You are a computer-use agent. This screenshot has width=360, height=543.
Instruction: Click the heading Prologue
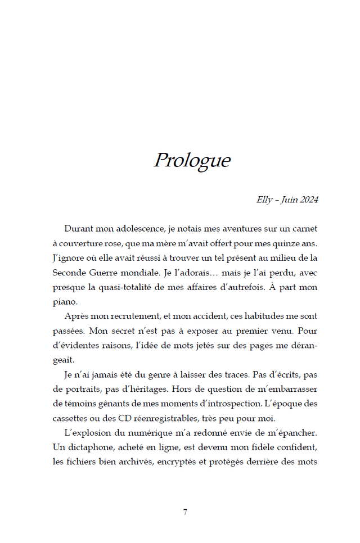pyautogui.click(x=192, y=161)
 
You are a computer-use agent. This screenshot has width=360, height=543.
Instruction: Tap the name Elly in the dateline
pyautogui.click(x=264, y=200)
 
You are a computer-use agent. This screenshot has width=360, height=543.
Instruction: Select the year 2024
pyautogui.click(x=309, y=200)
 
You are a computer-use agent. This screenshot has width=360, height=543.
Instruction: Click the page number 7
pyautogui.click(x=185, y=512)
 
